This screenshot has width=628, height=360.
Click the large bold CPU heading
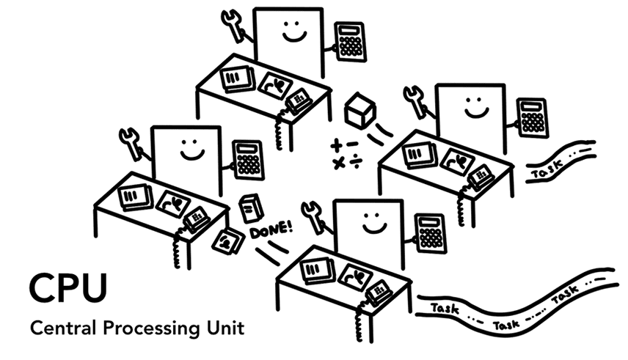67,287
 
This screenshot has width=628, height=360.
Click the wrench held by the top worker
234,25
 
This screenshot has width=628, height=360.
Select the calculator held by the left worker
248,160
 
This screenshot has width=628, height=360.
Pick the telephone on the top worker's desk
299,100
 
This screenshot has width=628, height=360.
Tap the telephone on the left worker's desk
197,218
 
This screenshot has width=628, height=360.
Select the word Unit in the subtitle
225,327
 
